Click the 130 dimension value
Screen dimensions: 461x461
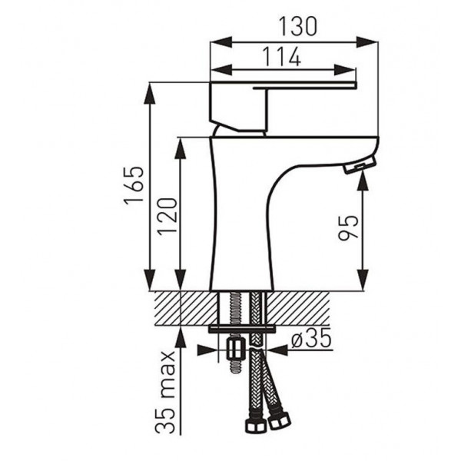pyautogui.click(x=298, y=26)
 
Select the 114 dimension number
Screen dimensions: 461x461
pyautogui.click(x=281, y=56)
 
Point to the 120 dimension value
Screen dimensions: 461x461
pyautogui.click(x=167, y=216)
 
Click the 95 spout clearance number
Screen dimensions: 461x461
pyautogui.click(x=348, y=227)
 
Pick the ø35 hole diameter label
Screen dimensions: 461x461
pyautogui.click(x=311, y=340)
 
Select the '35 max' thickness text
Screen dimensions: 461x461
pyautogui.click(x=165, y=392)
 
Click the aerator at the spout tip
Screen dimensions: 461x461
pyautogui.click(x=360, y=165)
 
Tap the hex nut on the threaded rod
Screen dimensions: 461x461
pyautogui.click(x=236, y=350)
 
